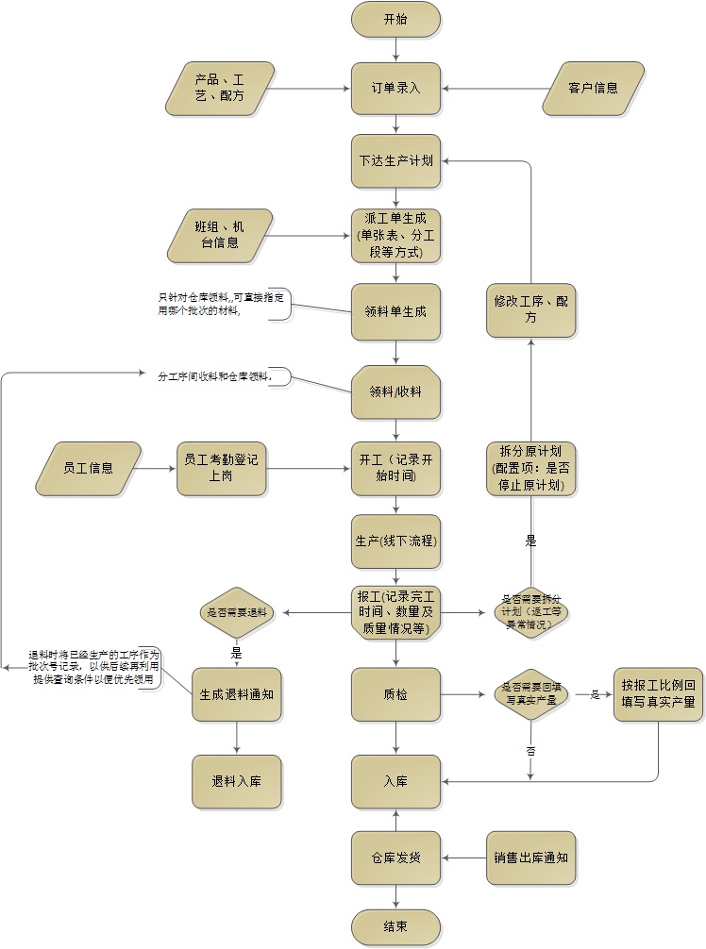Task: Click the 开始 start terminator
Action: click(x=395, y=19)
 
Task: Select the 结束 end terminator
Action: click(x=395, y=927)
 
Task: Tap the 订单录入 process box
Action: click(x=395, y=89)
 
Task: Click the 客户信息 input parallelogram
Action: click(x=593, y=89)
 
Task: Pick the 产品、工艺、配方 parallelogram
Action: click(x=219, y=89)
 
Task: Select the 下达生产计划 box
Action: click(x=395, y=160)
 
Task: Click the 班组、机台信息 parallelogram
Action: click(x=219, y=235)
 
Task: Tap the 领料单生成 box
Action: click(x=395, y=310)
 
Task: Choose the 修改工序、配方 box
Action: click(x=530, y=310)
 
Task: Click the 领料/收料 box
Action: click(x=395, y=391)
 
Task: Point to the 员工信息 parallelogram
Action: click(x=88, y=468)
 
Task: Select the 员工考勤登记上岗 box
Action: click(x=222, y=468)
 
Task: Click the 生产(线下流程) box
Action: click(x=395, y=541)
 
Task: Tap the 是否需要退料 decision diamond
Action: click(x=236, y=613)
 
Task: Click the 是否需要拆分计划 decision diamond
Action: click(x=530, y=612)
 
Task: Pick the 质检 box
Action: click(x=395, y=695)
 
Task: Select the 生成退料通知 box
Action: click(x=236, y=695)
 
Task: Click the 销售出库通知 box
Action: click(x=530, y=857)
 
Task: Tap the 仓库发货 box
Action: click(x=395, y=857)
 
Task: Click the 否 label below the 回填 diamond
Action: click(x=530, y=751)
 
